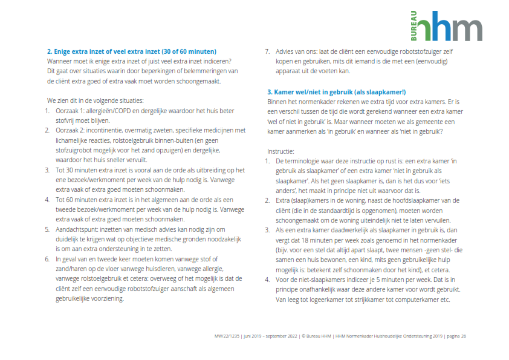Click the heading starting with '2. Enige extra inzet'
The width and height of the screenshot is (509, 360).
pyautogui.click(x=132, y=51)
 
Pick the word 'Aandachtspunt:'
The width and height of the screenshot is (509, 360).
pyautogui.click(x=77, y=229)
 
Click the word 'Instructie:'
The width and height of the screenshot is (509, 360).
pyautogui.click(x=282, y=151)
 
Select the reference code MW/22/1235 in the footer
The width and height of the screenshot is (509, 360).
pyautogui.click(x=227, y=336)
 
